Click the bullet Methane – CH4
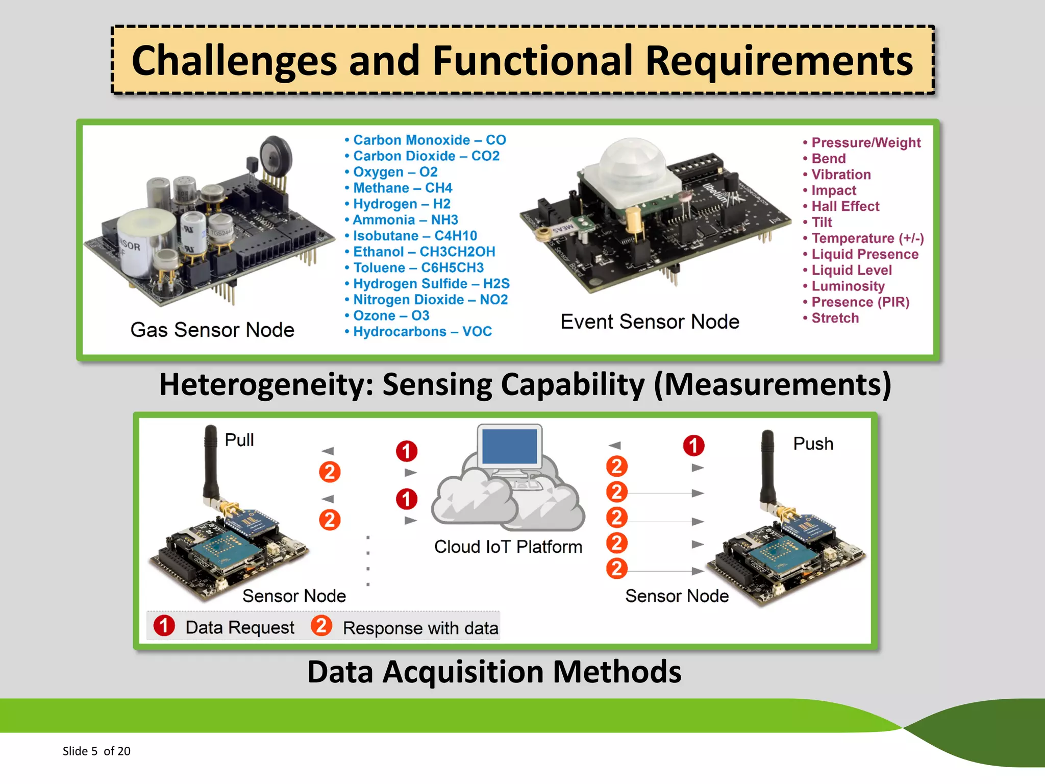coord(402,188)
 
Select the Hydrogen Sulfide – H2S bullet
coord(431,284)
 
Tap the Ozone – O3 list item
coord(391,316)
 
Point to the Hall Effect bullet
coord(845,207)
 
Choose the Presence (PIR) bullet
coord(860,302)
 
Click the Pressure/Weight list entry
coord(865,143)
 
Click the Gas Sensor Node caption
coord(212,330)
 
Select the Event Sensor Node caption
coord(650,322)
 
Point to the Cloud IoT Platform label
coord(508,547)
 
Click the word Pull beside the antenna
coord(239,440)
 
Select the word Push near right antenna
coord(813,444)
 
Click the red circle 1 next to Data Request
coord(164,626)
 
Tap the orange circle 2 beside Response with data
coord(321,626)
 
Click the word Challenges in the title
coord(234,61)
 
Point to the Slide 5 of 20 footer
coord(96,751)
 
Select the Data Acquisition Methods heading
coord(494,672)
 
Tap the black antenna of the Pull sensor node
coord(210,462)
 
